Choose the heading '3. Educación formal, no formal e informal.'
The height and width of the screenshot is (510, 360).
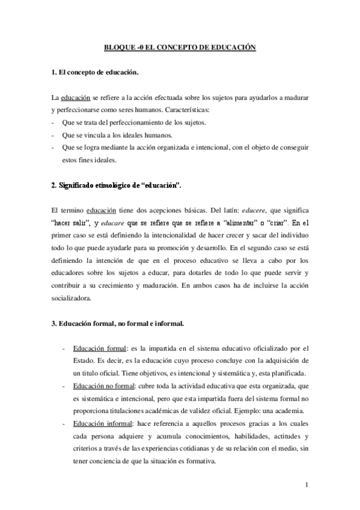pyautogui.click(x=118, y=324)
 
